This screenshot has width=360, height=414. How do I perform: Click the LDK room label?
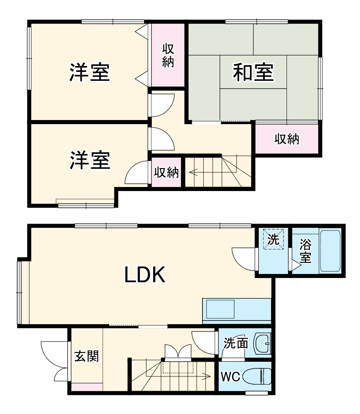[x=144, y=276]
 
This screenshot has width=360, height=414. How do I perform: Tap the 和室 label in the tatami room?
[x=253, y=73]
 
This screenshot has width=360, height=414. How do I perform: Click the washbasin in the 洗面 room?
[x=262, y=343]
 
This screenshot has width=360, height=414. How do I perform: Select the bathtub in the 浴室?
[x=330, y=251]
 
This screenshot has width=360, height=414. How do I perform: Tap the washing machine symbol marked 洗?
[x=273, y=239]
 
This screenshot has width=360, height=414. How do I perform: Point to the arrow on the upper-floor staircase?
[x=195, y=172]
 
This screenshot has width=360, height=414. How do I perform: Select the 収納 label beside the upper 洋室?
[x=168, y=56]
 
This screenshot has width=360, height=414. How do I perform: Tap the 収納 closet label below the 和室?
[x=287, y=139]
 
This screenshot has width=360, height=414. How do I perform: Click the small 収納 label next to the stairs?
[x=167, y=173]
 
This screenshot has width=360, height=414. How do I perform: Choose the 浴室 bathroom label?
[x=305, y=251]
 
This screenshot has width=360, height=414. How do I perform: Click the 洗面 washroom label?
[x=236, y=343]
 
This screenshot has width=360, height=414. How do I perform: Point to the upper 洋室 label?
[x=89, y=72]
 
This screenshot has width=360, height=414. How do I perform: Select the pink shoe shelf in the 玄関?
[x=87, y=387]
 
